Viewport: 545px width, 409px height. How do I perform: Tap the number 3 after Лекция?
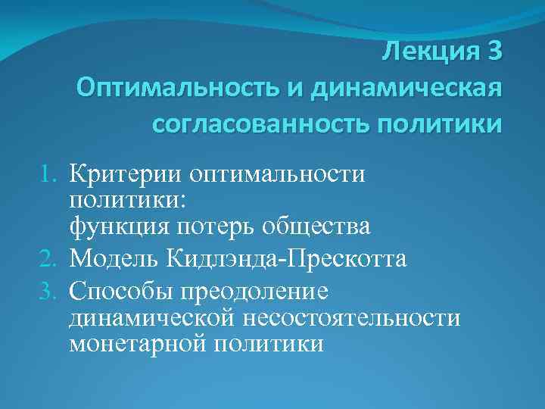tap(492, 54)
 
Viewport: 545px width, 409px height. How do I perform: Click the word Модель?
tap(114, 259)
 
